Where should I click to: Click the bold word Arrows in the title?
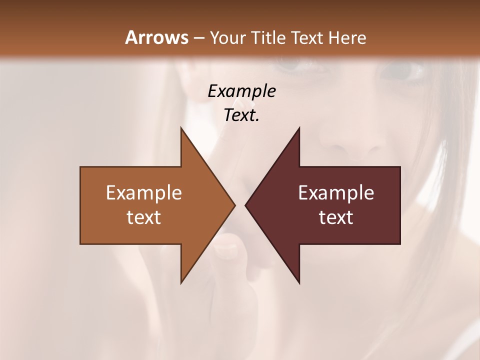(156, 37)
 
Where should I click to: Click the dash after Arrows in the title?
(198, 38)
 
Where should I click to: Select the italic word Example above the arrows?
(241, 91)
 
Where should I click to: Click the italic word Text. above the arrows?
(241, 115)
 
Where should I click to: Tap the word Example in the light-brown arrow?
(144, 192)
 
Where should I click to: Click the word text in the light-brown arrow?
(144, 217)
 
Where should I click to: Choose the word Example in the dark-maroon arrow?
(336, 192)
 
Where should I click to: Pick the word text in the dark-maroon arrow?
(336, 217)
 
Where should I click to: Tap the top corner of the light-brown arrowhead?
(181, 128)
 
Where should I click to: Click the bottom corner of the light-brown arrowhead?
(181, 282)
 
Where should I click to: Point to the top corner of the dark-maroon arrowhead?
(299, 128)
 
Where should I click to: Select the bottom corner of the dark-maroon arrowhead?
(299, 282)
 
